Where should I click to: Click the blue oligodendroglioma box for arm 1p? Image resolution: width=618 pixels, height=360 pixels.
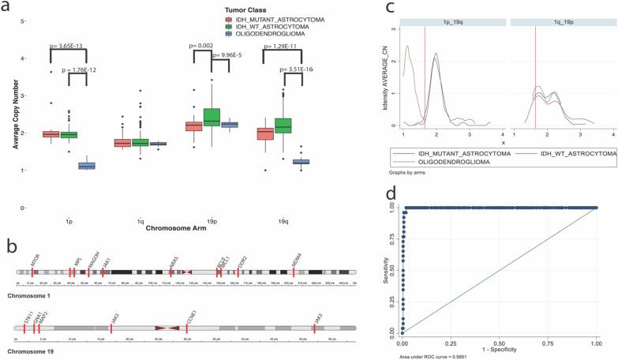coord(85,166)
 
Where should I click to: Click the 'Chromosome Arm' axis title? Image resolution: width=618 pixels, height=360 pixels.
coord(175,229)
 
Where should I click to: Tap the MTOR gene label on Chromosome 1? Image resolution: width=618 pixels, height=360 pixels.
coord(34,261)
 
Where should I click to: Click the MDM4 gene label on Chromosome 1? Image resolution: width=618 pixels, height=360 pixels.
coord(297,261)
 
